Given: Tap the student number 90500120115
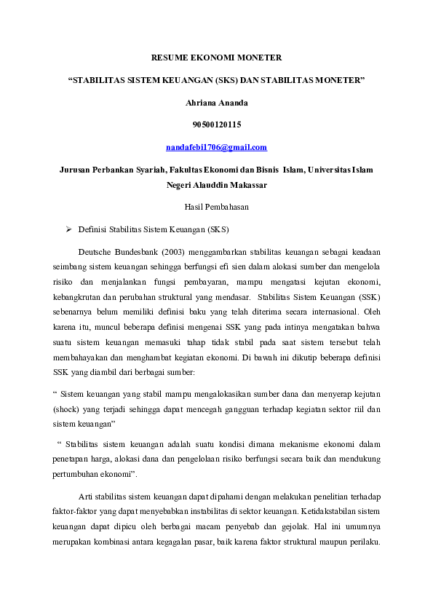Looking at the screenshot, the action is (216, 125).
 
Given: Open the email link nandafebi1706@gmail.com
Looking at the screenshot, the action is (216, 148).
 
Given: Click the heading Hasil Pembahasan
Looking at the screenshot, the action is (216, 207).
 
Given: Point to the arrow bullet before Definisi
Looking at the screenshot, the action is (68, 229).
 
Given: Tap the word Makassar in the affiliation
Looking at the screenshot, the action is (245, 185).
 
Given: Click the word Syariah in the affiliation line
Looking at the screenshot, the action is (144, 170).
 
